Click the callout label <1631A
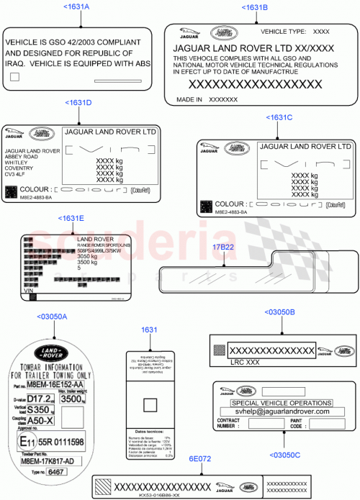[x=77, y=6]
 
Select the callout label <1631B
[x=255, y=6]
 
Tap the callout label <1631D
[x=78, y=103]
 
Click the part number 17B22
[x=222, y=247]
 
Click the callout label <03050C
[x=285, y=455]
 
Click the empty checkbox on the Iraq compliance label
[x=14, y=85]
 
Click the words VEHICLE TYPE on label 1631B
[x=283, y=32]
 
